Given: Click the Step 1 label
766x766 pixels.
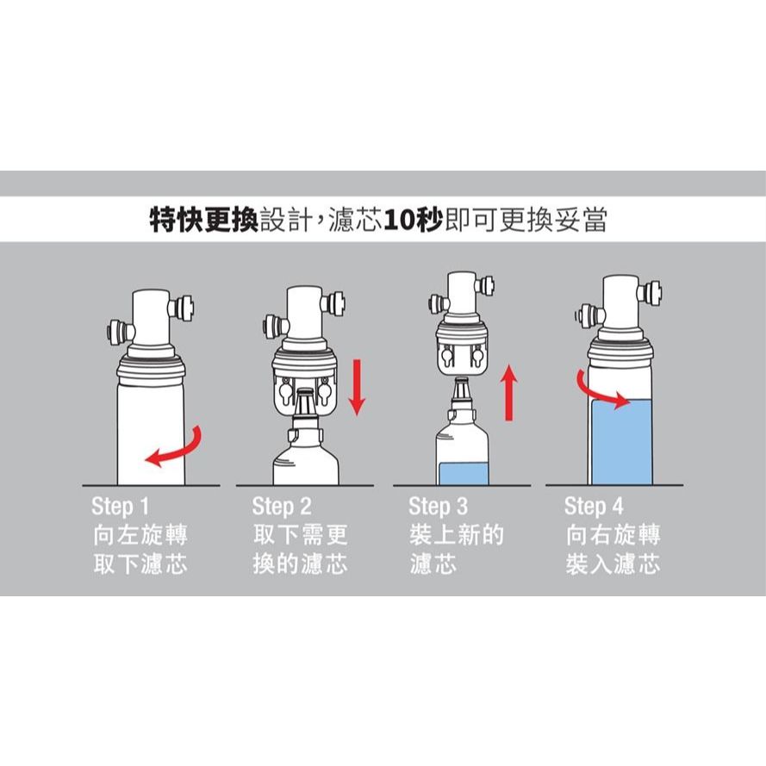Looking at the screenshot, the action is pos(120,506).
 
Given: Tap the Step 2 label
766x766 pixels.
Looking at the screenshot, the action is pos(282,506).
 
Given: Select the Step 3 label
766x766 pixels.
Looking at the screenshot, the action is pos(439,506).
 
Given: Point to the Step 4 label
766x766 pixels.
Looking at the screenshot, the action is pos(594,506).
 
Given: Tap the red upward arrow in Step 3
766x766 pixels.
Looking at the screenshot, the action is pos(509,392).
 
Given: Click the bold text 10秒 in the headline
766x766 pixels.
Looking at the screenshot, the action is pos(414,221).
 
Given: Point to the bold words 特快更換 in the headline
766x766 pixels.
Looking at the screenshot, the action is pos(203,221).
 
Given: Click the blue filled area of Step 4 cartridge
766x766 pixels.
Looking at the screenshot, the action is pos(621,442).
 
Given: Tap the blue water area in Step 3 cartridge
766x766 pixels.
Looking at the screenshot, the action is pos(464,473).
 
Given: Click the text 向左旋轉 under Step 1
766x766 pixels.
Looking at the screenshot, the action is pos(140,535).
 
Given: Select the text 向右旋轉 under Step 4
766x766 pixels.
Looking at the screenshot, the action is pos(613,535).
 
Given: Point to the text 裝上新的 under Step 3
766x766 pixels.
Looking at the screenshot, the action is pos(457,535).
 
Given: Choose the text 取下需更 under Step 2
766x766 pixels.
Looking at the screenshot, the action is pos(300,535).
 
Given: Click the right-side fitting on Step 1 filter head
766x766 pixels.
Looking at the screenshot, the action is pos(181,308).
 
